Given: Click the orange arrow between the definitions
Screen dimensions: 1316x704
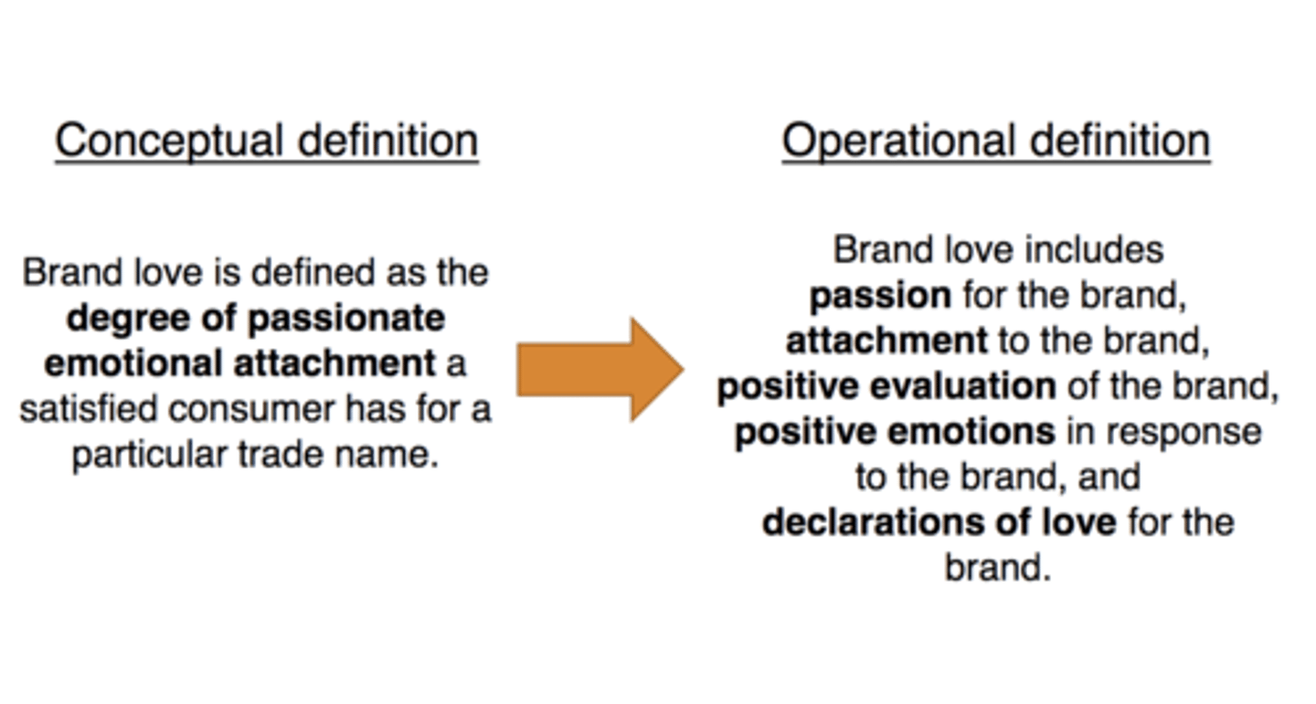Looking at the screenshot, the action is tap(600, 370).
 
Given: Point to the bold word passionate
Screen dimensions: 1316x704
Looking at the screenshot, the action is tap(346, 320).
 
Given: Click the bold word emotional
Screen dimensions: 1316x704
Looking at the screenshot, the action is tap(133, 363).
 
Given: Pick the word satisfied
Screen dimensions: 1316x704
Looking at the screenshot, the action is tap(89, 409).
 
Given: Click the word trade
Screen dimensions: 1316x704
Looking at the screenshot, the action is tap(281, 455).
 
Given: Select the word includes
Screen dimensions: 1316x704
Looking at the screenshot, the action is tap(1094, 250).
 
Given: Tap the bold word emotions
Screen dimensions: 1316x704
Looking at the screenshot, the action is tap(971, 433).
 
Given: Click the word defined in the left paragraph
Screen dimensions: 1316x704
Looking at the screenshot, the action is tap(313, 273).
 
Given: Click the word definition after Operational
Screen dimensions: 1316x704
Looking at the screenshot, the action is tap(1120, 141).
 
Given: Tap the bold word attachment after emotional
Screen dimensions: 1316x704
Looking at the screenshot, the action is tap(334, 364).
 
